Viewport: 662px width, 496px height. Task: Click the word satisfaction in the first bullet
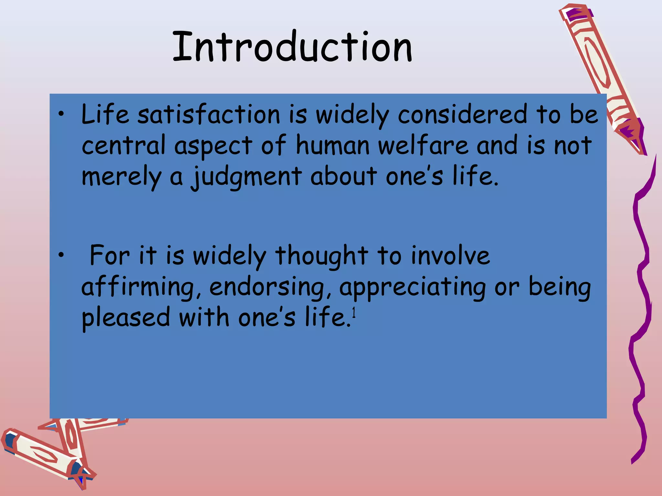coord(209,115)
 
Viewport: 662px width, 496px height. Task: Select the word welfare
coord(423,146)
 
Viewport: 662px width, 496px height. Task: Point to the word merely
coord(121,177)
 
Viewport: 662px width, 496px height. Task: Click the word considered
coord(462,115)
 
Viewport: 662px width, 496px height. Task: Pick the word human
coord(333,146)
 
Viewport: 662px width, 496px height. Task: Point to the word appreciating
coord(412,287)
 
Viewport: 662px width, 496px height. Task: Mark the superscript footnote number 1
coord(354,313)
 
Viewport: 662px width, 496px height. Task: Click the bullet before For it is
coord(61,255)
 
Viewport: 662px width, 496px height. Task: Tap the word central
coord(123,146)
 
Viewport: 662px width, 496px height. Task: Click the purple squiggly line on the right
coord(642,291)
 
